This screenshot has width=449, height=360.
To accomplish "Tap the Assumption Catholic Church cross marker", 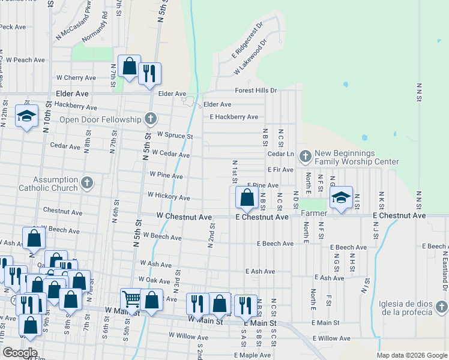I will point(88,182).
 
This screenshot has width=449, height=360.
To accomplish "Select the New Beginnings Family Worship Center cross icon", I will point(306,157).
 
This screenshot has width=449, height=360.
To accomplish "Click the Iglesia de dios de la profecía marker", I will point(442,307).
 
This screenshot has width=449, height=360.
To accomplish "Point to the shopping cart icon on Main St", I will point(130,298).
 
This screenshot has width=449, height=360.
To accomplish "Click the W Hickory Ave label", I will point(169,196).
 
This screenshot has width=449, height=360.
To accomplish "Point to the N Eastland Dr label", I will point(444,264).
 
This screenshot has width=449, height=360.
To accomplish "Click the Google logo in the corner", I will point(19,353).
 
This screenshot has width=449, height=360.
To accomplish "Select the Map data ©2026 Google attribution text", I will point(412,355).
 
